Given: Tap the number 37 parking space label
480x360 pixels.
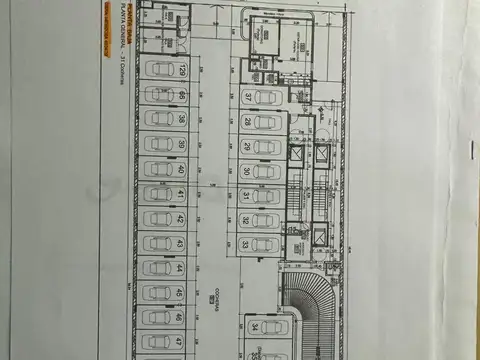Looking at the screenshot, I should [x=246, y=96].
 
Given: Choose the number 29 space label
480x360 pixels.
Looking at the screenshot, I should [x=246, y=146].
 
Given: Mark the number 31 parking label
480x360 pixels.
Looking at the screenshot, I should [x=246, y=195].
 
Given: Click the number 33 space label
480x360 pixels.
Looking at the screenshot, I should [x=246, y=243].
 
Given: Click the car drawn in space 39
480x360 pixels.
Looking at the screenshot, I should [x=158, y=144].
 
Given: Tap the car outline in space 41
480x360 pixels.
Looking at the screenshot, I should [x=158, y=194].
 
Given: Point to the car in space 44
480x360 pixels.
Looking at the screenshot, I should [x=158, y=268].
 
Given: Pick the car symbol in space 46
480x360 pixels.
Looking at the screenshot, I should [x=158, y=317].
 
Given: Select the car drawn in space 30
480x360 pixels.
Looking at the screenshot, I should [x=266, y=171].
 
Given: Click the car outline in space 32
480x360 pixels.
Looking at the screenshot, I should [x=266, y=220].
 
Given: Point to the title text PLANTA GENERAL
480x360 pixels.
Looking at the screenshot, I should [x=122, y=40].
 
